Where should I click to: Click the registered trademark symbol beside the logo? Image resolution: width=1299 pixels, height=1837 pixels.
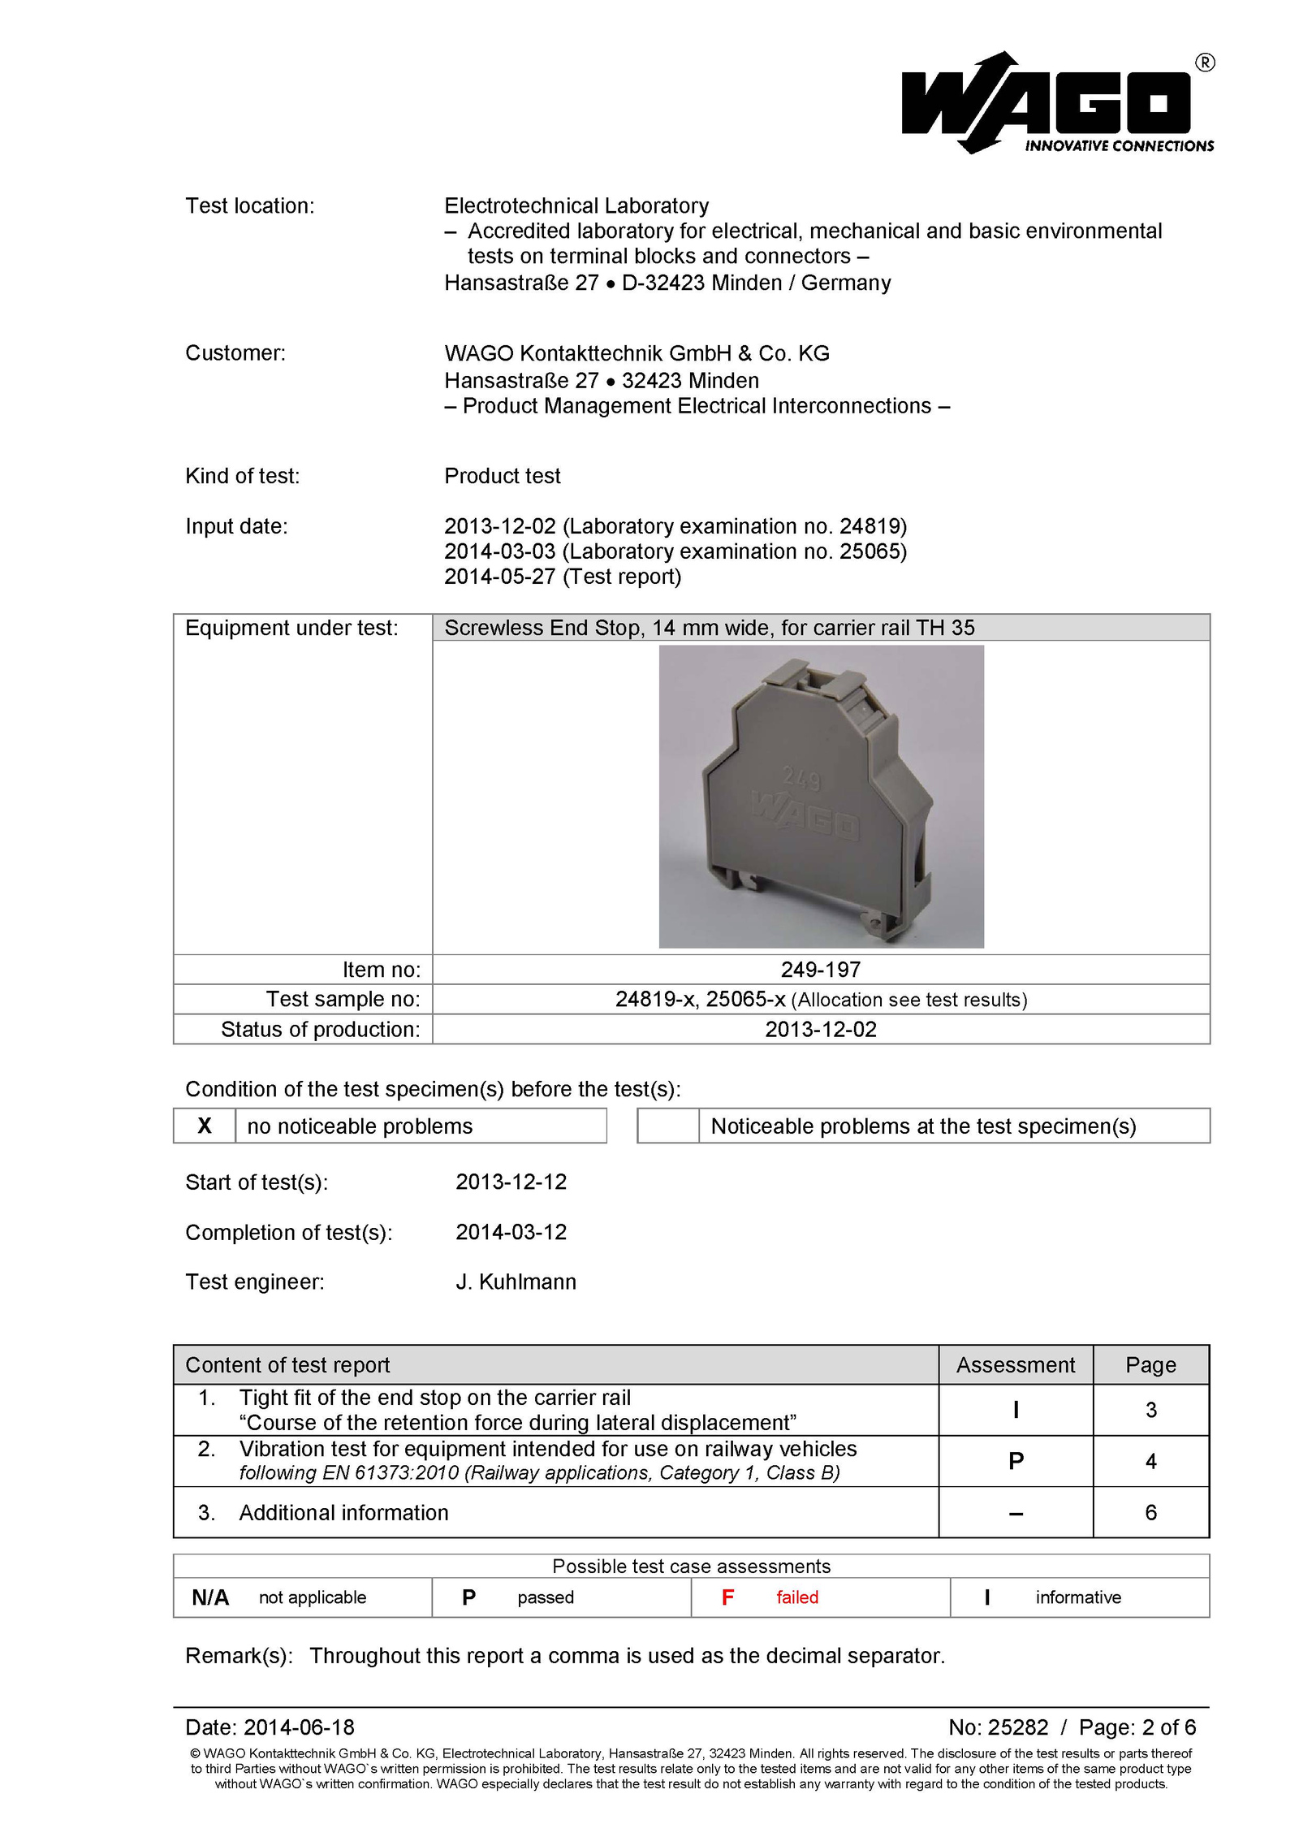[x=1205, y=63]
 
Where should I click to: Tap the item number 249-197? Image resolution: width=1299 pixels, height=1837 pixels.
[x=820, y=969]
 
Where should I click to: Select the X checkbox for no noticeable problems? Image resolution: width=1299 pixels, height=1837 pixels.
[x=205, y=1126]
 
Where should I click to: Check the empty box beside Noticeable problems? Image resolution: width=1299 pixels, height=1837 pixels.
[x=667, y=1126]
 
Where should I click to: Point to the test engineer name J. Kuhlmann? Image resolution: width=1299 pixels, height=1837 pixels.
[x=516, y=1282]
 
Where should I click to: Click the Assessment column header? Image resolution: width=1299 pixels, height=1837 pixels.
[x=1015, y=1364]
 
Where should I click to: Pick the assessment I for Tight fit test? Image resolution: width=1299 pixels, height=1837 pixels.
[x=1015, y=1410]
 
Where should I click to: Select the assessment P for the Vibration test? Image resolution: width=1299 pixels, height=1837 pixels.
[x=1015, y=1461]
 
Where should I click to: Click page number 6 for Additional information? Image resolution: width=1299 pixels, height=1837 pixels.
[x=1150, y=1512]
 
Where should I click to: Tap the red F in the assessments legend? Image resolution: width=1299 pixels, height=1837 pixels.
[x=727, y=1597]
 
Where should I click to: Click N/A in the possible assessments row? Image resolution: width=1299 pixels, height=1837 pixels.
[x=210, y=1597]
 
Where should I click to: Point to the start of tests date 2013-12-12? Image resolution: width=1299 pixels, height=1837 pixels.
[x=511, y=1182]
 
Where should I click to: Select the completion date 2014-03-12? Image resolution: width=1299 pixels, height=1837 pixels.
[x=511, y=1232]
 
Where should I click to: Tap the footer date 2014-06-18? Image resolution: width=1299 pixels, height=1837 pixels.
[x=299, y=1727]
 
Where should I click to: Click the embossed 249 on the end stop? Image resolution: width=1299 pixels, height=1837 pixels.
[x=801, y=780]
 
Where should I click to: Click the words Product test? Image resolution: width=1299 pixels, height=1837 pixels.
[x=502, y=476]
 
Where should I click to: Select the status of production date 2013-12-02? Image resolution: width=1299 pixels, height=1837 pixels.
[x=820, y=1029]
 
